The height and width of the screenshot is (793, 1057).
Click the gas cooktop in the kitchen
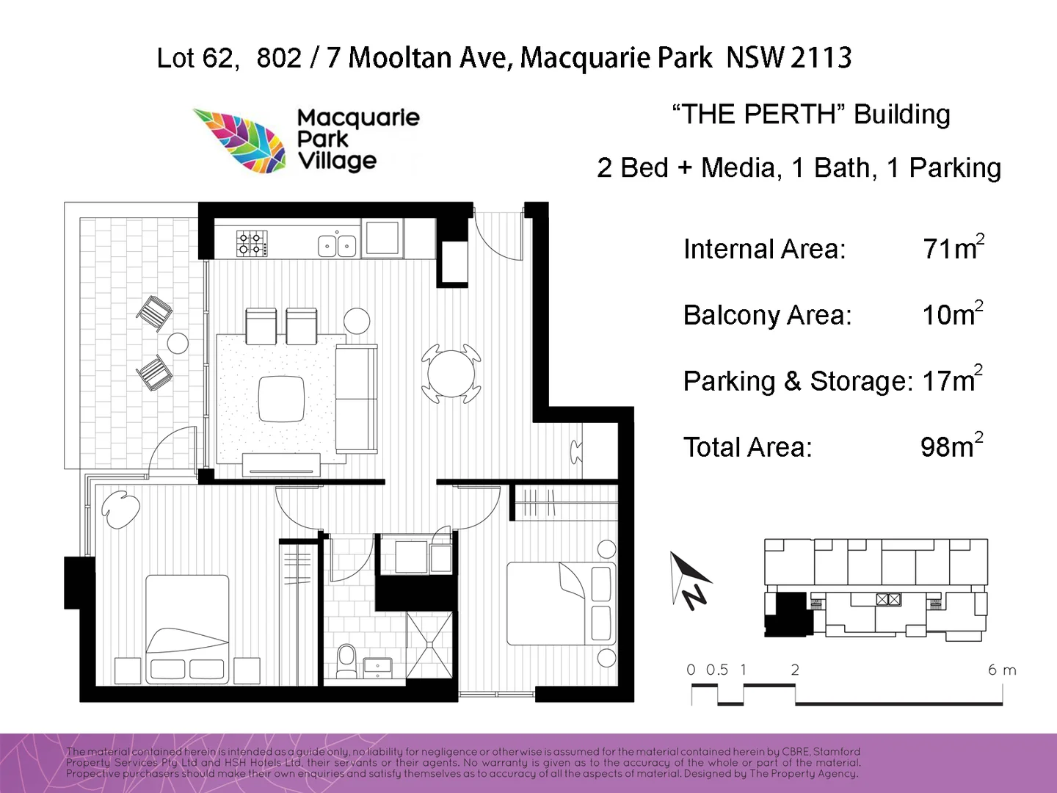(x=251, y=243)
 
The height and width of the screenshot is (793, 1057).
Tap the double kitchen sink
(x=337, y=245)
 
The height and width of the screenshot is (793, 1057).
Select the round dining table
(x=451, y=373)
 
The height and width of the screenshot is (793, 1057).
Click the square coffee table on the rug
(x=281, y=399)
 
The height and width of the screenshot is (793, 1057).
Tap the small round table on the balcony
(x=178, y=343)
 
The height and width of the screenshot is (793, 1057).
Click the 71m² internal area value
(x=953, y=248)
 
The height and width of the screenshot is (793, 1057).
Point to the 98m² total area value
(x=951, y=446)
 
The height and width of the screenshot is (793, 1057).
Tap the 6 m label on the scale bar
(x=1001, y=670)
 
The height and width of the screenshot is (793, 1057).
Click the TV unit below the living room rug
(x=281, y=464)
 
